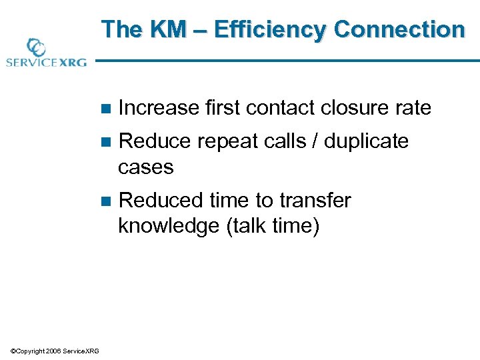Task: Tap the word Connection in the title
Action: pyautogui.click(x=399, y=30)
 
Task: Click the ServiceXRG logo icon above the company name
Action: pyautogui.click(x=35, y=47)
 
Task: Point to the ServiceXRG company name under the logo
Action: pyautogui.click(x=45, y=63)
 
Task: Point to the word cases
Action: pyautogui.click(x=145, y=167)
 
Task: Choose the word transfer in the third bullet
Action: pyautogui.click(x=315, y=201)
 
